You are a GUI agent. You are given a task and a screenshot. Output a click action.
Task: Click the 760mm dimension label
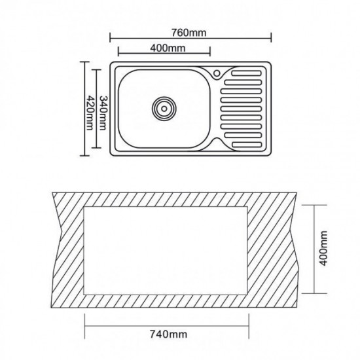pos(189,33)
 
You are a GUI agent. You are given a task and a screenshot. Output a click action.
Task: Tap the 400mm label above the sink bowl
pos(168,48)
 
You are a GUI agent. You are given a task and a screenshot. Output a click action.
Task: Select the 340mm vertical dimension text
pos(103,113)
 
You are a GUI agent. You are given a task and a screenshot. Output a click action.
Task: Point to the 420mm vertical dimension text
pos(90,113)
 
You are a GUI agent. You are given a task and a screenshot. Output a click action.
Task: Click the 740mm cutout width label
pos(168,334)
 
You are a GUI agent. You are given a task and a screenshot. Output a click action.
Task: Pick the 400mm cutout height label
pos(323,249)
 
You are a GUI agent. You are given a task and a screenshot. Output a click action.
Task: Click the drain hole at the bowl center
pos(164,109)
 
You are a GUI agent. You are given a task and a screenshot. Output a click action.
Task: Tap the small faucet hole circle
pos(217,73)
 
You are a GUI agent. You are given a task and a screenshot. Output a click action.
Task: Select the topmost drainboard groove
pos(247,73)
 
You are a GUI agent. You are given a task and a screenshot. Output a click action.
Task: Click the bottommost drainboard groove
pos(247,145)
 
